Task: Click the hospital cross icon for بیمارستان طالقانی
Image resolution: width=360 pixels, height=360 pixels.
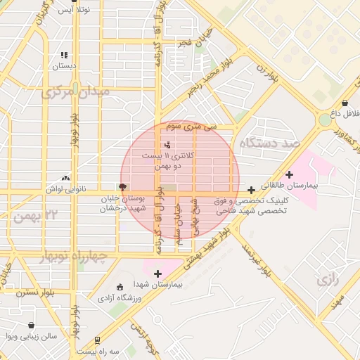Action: (290, 174)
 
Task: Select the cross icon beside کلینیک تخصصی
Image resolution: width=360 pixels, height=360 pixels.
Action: (252, 190)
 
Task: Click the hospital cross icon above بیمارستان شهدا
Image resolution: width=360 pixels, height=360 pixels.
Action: (157, 274)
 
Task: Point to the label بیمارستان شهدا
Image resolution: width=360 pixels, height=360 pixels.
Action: (157, 285)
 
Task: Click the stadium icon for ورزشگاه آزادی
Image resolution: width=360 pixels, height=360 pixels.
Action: (120, 286)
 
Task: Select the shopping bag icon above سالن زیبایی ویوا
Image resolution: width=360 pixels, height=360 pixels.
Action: (32, 326)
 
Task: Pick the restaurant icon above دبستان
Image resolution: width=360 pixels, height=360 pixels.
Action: (64, 55)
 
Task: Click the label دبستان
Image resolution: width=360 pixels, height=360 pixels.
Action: (64, 66)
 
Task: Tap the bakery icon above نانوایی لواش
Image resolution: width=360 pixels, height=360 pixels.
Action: (65, 179)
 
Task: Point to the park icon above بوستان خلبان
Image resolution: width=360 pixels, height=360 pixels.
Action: (123, 187)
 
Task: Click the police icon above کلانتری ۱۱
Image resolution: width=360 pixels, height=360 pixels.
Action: (156, 144)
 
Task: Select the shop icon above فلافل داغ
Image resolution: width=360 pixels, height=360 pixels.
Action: (345, 103)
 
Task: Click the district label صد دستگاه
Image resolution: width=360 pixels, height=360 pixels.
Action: (269, 143)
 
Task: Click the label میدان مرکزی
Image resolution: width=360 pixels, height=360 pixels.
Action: (75, 92)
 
